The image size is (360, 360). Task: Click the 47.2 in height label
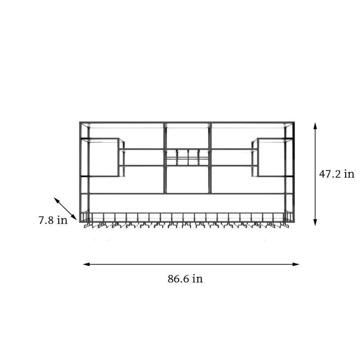click(337, 174)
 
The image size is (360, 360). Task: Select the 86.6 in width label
click(185, 279)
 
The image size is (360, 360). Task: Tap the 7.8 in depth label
click(53, 220)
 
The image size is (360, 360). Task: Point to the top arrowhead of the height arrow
click(315, 126)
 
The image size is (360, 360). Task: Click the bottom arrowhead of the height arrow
click(315, 222)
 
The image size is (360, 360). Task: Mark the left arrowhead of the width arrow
click(86, 264)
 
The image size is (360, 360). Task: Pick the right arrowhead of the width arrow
click(296, 264)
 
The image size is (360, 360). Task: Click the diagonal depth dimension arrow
click(65, 208)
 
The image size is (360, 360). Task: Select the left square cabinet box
click(103, 157)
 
